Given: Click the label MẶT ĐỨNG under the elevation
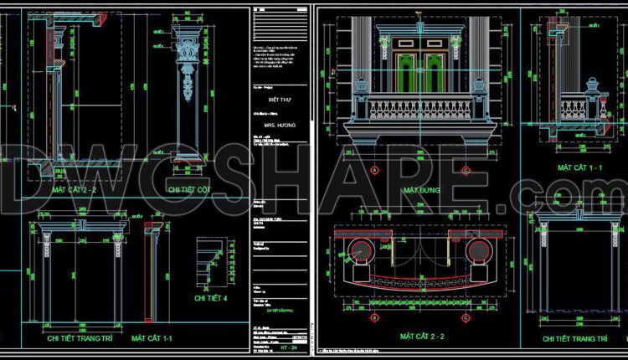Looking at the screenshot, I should pos(423,191).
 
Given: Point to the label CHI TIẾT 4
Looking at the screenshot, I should pos(213,297).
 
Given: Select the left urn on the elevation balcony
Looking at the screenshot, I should pos(362,85).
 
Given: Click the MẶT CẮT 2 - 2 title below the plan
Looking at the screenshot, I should pos(422,337).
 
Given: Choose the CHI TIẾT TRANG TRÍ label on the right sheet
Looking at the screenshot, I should pos(574,339).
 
